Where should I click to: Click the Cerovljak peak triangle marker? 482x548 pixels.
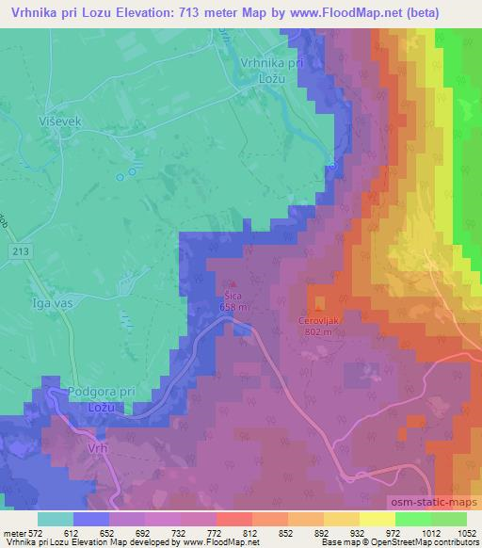318,306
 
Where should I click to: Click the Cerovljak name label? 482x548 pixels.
320,318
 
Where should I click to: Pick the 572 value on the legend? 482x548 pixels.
36,532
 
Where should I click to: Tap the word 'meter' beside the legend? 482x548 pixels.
13,532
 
